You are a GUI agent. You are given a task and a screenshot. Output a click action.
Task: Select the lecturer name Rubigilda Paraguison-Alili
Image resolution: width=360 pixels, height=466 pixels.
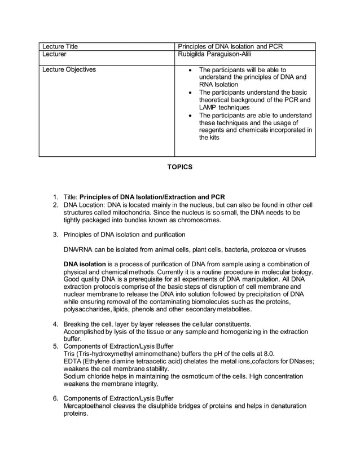(214, 54)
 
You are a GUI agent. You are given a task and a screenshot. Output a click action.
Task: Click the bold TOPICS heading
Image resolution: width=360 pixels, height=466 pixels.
(179, 167)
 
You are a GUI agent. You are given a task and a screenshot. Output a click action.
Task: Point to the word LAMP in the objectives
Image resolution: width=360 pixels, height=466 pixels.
(209, 107)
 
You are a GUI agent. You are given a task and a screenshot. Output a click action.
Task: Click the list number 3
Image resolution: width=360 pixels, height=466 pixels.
(55, 234)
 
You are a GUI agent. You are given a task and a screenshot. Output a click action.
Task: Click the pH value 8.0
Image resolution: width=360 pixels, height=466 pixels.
(268, 354)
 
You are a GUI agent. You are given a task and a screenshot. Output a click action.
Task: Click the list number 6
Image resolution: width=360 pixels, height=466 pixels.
(55, 398)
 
